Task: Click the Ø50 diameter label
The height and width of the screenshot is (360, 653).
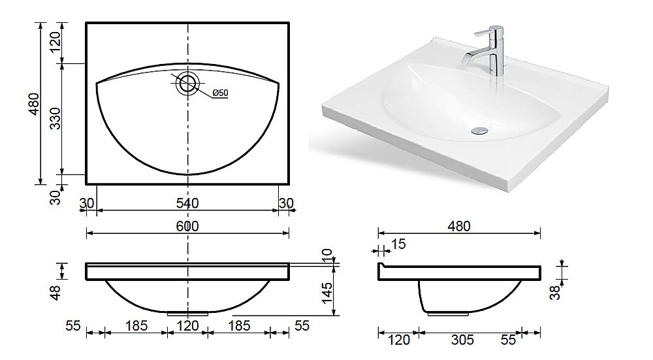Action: [220, 93]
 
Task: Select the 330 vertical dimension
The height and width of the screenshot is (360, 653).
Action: [55, 118]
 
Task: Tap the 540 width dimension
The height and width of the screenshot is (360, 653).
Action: [187, 203]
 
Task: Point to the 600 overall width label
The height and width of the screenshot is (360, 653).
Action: [187, 226]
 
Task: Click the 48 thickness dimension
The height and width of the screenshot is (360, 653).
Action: [56, 293]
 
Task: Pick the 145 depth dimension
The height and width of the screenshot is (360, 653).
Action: [327, 293]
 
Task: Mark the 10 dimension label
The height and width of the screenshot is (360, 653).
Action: [327, 255]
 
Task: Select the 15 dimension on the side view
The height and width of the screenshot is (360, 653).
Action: [398, 244]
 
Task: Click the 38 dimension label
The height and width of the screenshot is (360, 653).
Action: [555, 293]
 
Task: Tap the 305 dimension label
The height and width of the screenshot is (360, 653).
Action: [462, 340]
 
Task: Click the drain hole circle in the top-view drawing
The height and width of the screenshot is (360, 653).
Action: [187, 83]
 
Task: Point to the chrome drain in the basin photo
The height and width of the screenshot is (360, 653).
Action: [479, 131]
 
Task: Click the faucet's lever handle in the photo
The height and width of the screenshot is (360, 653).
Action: [485, 33]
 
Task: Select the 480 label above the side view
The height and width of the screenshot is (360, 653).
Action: [459, 226]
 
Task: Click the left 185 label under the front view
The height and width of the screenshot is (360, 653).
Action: [136, 325]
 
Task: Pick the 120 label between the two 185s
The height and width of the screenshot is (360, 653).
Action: [187, 325]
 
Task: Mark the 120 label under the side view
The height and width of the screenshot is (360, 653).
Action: [398, 340]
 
